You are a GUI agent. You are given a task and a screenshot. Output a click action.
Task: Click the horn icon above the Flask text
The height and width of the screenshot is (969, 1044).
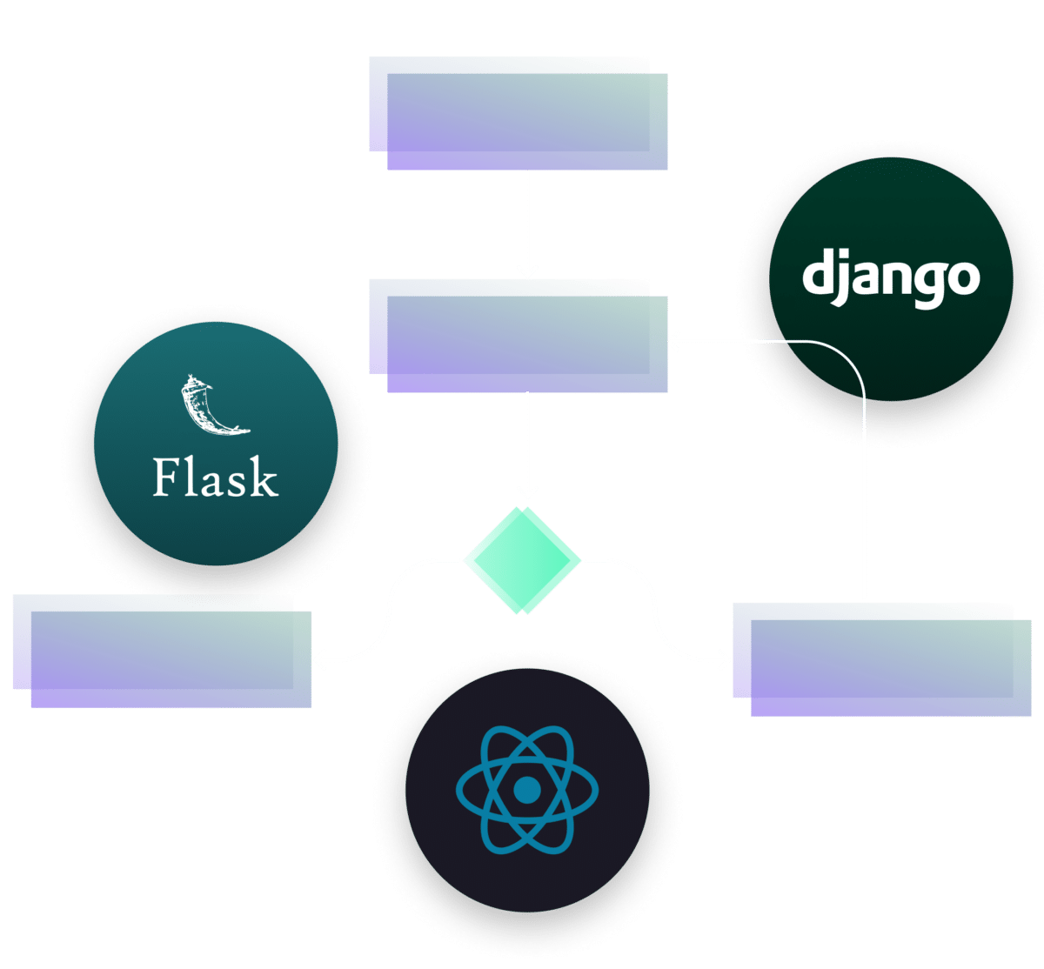pyautogui.click(x=213, y=404)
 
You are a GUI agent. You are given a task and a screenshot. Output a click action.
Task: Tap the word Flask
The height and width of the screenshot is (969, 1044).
pyautogui.click(x=215, y=477)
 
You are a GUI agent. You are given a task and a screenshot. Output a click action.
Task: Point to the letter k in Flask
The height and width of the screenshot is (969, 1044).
pyautogui.click(x=264, y=477)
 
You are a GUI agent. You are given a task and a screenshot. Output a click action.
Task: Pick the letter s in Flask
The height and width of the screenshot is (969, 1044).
pyautogui.click(x=237, y=484)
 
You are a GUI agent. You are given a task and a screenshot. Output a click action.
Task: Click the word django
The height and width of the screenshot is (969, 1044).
pyautogui.click(x=891, y=277)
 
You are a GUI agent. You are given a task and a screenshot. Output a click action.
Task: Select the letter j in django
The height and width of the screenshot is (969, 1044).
pyautogui.click(x=840, y=277)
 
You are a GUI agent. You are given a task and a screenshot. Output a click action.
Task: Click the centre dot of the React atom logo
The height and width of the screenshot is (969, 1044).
pyautogui.click(x=526, y=790)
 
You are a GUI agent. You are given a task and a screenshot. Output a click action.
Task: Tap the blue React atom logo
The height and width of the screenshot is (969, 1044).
pyautogui.click(x=526, y=790)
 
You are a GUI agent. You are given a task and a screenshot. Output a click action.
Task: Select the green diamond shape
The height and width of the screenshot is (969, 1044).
pyautogui.click(x=522, y=560)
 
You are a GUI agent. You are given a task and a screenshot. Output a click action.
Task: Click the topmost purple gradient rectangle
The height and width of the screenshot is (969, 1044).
pyautogui.click(x=519, y=113)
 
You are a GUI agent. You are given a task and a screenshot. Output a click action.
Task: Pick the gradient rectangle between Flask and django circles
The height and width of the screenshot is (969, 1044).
pyautogui.click(x=519, y=336)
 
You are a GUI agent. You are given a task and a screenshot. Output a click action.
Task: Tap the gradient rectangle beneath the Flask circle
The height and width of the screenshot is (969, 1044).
pyautogui.click(x=162, y=652)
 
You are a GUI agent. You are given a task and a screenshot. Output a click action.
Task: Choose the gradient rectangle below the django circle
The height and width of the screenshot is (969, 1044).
pyautogui.click(x=882, y=660)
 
